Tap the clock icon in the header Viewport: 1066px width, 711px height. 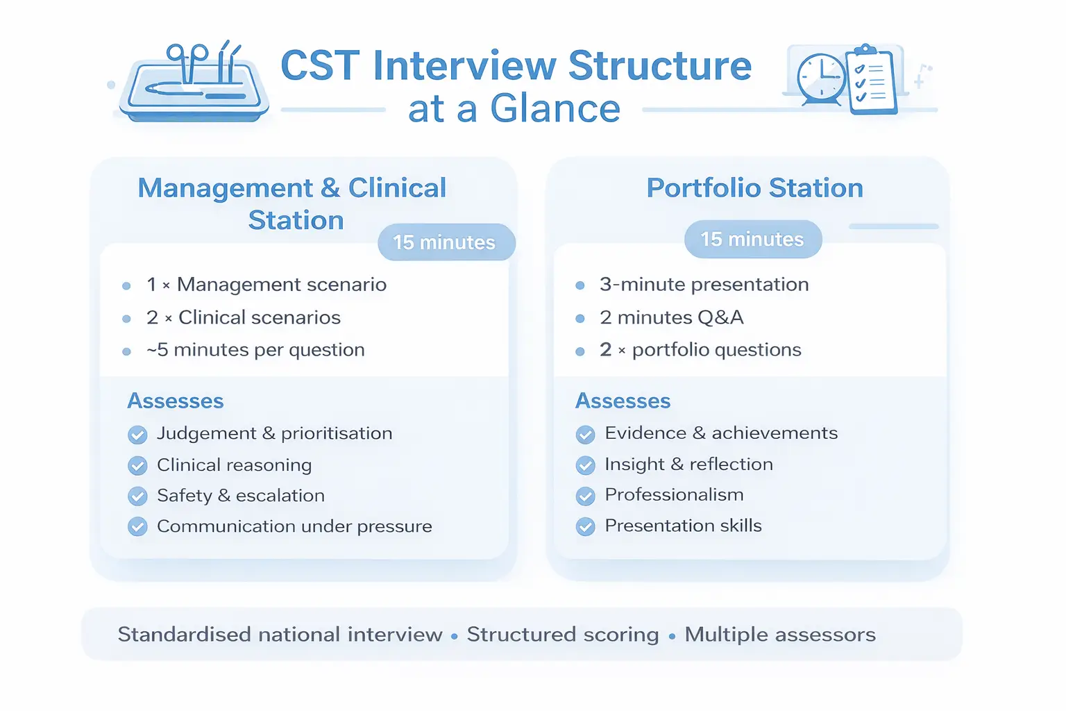[822, 79]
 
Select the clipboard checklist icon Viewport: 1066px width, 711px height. [872, 79]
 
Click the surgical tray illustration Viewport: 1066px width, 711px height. [194, 81]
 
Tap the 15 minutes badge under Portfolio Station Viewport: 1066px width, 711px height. [753, 239]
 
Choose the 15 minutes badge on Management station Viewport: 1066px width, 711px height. [446, 242]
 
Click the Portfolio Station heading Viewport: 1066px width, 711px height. [755, 187]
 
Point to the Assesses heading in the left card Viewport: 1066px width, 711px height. [175, 401]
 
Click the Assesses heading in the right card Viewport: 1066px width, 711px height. [623, 401]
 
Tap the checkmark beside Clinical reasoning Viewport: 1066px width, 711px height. [137, 466]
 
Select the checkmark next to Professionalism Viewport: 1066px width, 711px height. [585, 496]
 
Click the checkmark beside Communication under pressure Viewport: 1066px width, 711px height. [137, 527]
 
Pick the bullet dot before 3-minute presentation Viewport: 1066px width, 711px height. [579, 286]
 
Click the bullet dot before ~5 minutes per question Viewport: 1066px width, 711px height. [126, 352]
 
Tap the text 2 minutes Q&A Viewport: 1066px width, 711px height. [672, 317]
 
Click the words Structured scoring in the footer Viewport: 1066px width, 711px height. [563, 635]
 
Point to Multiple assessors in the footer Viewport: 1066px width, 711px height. [780, 635]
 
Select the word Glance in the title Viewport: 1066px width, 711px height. [555, 108]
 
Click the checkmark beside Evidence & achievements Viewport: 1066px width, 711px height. [585, 435]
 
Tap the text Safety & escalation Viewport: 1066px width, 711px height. [241, 496]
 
